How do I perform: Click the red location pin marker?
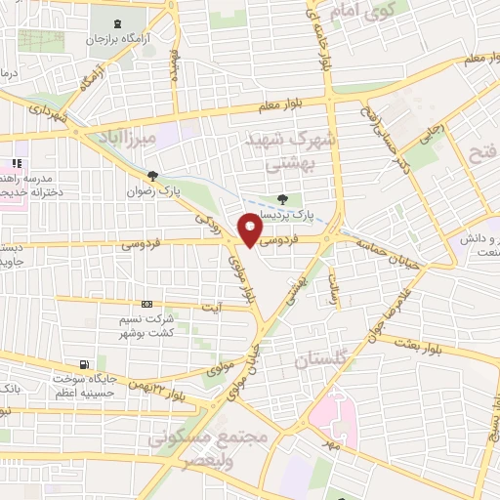(250, 229)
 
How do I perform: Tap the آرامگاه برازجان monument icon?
(119, 21)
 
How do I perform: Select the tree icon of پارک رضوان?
(151, 176)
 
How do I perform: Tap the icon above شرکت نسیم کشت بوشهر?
(147, 304)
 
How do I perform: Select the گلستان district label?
(320, 360)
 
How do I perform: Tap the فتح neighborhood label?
(483, 151)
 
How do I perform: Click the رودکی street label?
(206, 226)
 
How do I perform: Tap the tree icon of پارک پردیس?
(282, 199)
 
